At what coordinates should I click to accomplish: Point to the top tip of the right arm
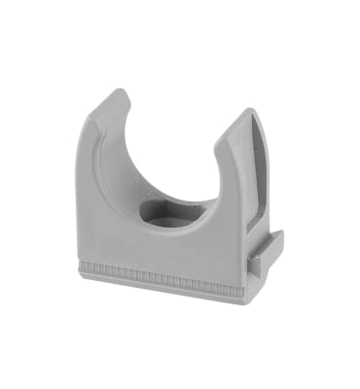click(x=243, y=116)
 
